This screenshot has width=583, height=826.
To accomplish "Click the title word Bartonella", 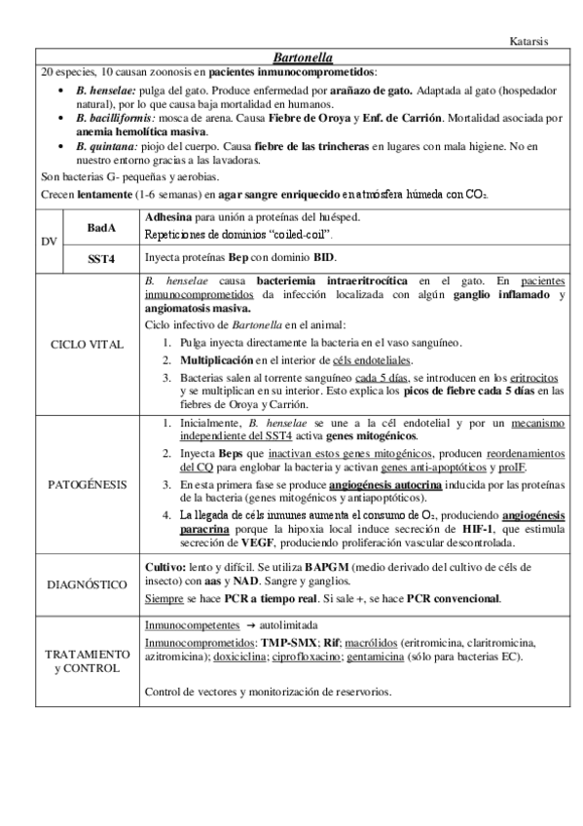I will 292,57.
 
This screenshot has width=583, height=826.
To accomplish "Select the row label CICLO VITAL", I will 88,345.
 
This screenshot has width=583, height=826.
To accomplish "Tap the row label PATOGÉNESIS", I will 88,481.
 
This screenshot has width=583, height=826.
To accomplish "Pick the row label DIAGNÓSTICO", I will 88,583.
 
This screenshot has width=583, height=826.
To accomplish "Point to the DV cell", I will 49,241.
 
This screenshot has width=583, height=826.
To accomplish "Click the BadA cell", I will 100,227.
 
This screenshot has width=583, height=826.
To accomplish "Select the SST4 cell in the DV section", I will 100,260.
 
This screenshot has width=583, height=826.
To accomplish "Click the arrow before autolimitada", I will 250,624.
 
